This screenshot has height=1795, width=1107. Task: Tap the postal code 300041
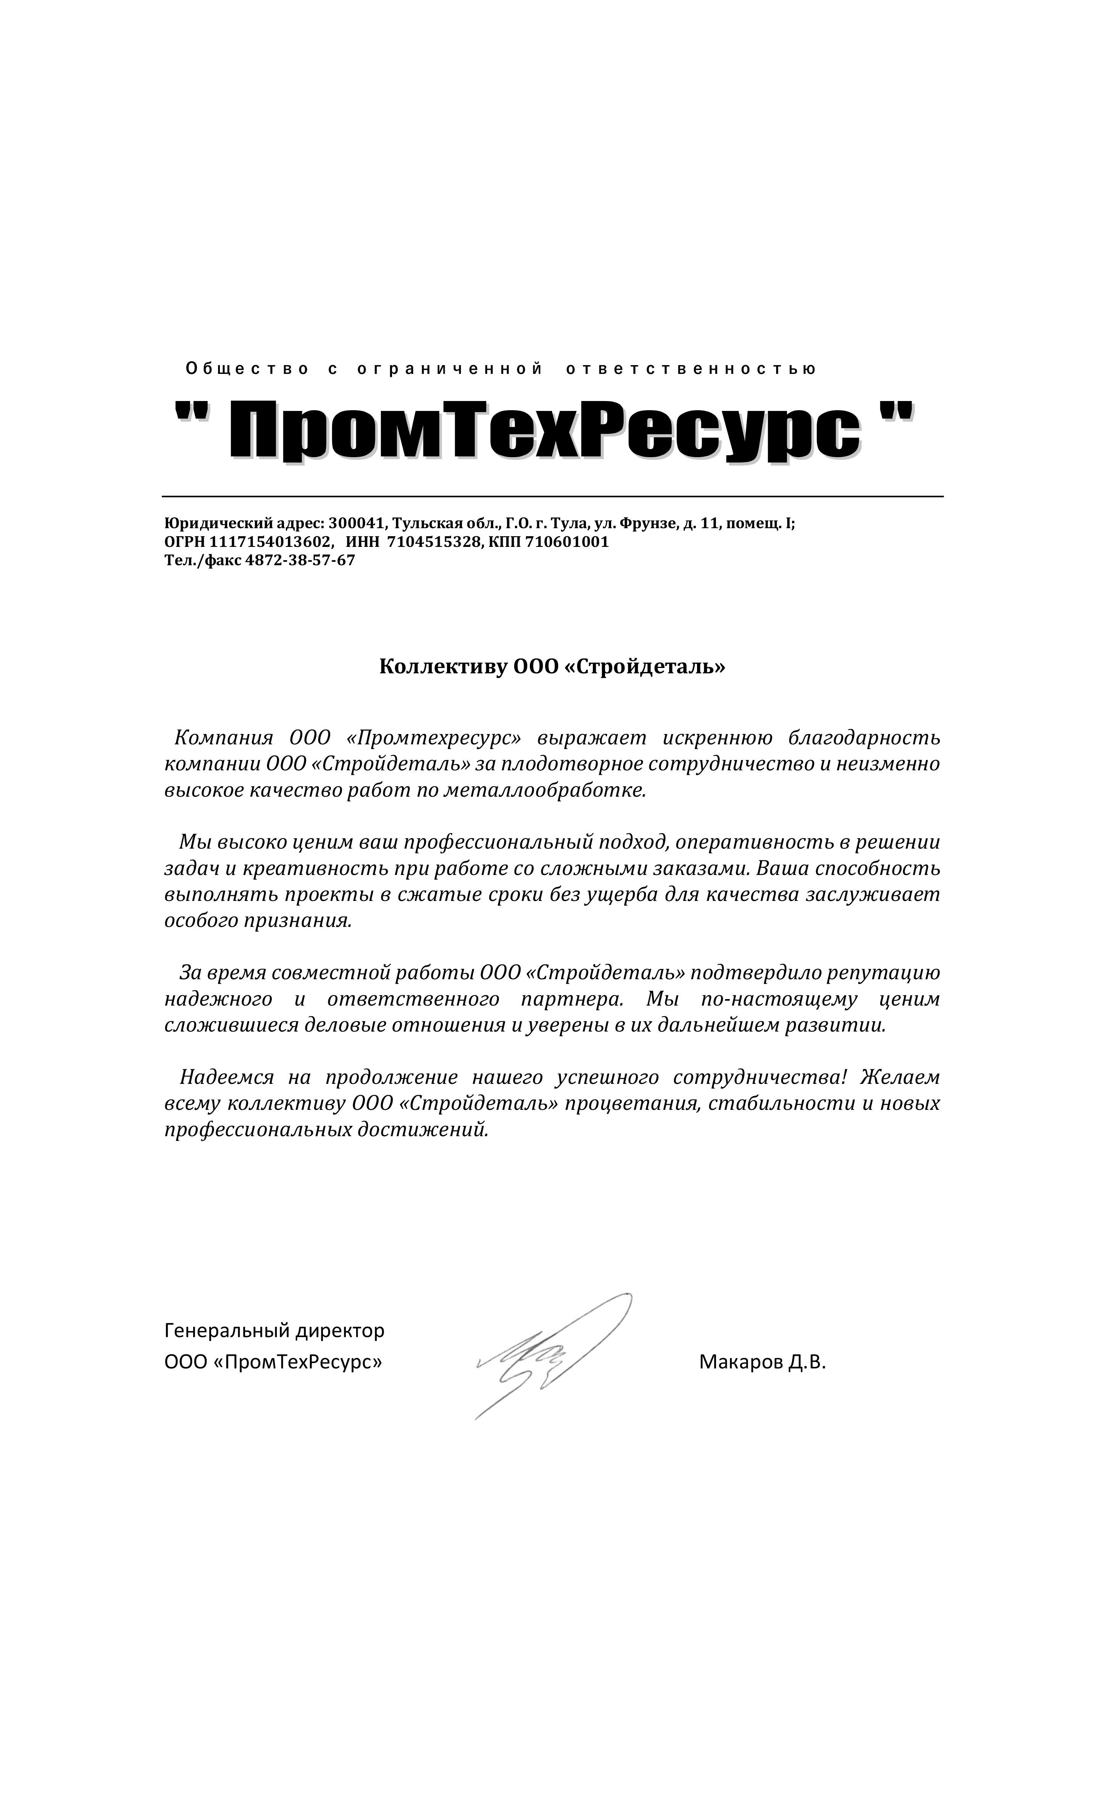(x=357, y=524)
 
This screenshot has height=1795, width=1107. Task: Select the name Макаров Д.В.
(x=762, y=1362)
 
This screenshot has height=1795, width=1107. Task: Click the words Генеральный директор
(x=274, y=1330)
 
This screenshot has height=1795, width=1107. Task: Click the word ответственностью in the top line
(x=691, y=369)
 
